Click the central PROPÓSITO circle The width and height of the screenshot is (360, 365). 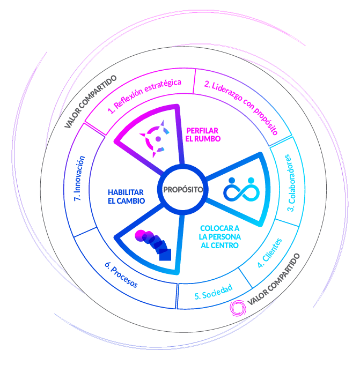click(182, 189)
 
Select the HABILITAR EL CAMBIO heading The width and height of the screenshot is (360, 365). click(126, 196)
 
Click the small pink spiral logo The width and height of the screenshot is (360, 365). click(237, 307)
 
